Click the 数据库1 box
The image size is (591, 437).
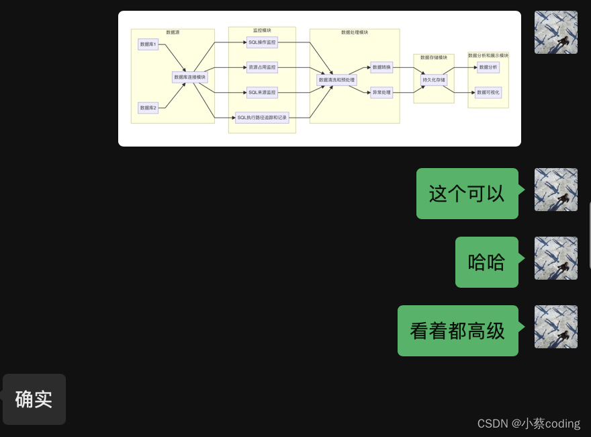pos(148,44)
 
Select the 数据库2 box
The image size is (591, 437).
pos(148,108)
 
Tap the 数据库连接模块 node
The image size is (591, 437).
pos(190,77)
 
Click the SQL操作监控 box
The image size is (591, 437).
pos(262,42)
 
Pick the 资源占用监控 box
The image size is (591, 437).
pos(262,67)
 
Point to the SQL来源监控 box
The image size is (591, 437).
pos(262,92)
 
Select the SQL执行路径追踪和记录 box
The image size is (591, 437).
pos(262,118)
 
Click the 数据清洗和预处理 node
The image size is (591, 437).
pos(336,80)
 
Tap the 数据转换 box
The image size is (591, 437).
pos(381,67)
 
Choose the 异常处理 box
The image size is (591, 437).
pos(381,92)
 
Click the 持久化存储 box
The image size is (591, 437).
pos(434,80)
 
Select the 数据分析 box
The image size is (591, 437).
pos(488,67)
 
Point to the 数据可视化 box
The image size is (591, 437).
pos(488,92)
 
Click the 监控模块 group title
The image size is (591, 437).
pos(262,30)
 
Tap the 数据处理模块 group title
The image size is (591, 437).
pos(355,32)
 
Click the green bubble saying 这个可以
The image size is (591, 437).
pos(467,194)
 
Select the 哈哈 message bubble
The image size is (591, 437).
pos(486,262)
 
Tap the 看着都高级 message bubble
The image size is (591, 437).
pos(457,331)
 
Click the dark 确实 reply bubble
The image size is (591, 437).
pos(34,399)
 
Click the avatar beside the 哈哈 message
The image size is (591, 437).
pos(555,258)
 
